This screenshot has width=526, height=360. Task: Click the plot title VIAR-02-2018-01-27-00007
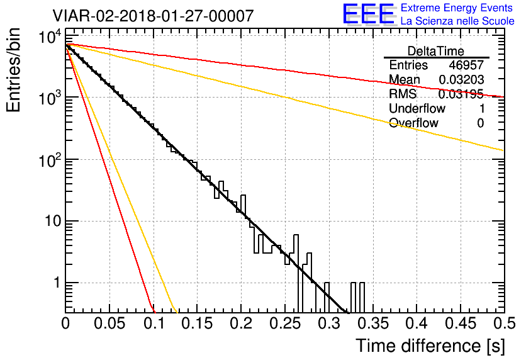(x=154, y=16)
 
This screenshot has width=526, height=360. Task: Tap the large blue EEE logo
(x=368, y=14)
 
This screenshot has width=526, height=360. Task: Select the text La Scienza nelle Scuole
(x=457, y=21)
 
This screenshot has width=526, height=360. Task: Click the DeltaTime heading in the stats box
(x=435, y=51)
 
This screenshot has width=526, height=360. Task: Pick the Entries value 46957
(x=466, y=65)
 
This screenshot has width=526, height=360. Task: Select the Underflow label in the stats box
(x=416, y=109)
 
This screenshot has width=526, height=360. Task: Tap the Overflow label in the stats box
(x=413, y=123)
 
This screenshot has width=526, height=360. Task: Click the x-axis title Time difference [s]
(x=430, y=346)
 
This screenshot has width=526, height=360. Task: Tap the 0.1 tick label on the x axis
(x=153, y=324)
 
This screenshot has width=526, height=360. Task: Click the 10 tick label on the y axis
(x=50, y=222)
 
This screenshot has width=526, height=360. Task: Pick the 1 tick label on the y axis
(x=54, y=283)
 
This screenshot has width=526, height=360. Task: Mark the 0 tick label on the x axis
(x=66, y=324)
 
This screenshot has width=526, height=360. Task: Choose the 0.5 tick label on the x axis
(x=502, y=324)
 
